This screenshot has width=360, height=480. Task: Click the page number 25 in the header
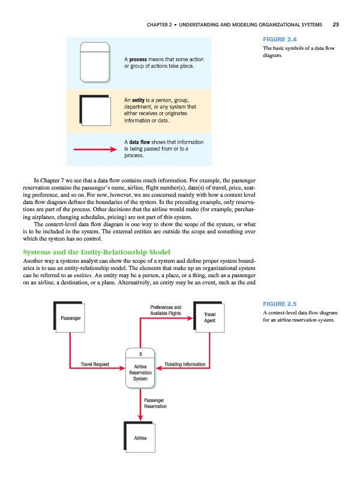click(335, 25)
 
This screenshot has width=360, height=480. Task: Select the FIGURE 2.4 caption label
click(274, 40)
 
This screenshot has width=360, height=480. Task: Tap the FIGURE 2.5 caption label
click(274, 304)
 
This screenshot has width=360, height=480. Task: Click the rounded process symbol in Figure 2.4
click(95, 60)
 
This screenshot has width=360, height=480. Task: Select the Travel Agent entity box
click(209, 317)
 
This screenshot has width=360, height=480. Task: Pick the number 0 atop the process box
click(140, 353)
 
